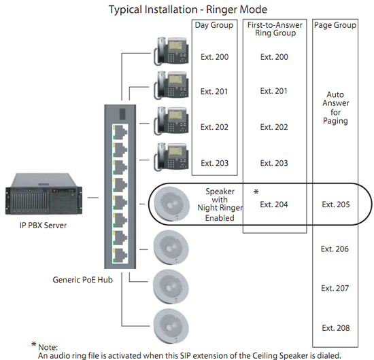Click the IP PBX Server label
pos(43,226)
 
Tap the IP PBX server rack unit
pos(44,194)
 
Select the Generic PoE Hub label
pos(82,280)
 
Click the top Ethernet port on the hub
pos(120,132)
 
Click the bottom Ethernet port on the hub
pos(120,255)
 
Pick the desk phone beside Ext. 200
pos(171,51)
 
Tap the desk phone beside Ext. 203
pos(171,157)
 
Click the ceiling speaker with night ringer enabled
pos(171,204)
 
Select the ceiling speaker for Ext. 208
pos(171,326)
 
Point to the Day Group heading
pos(214,25)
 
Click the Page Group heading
pos(335,25)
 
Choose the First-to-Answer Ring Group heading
pos(275,29)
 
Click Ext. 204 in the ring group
pos(274,204)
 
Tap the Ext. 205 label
pos(336,204)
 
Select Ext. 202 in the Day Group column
pos(214,127)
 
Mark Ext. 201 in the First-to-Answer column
pos(273,91)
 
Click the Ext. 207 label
pos(335,288)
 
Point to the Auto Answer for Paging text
pos(336,108)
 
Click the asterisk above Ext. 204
pos(256,192)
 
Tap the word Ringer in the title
pos(221,10)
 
